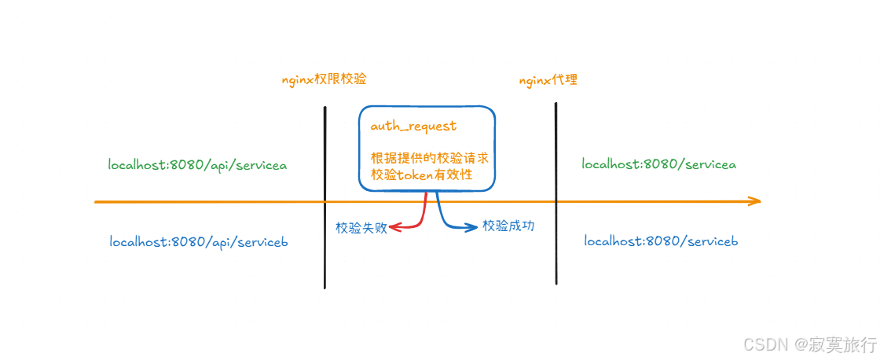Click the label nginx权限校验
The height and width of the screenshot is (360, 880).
(324, 80)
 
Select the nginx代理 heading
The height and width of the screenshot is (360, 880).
(548, 80)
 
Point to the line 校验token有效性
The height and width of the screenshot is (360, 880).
(422, 174)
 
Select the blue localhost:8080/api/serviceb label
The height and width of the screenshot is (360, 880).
(199, 242)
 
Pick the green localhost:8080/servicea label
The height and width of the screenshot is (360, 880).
(658, 164)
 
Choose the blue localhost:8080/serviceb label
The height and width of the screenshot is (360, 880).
(661, 241)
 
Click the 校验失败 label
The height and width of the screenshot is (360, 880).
(361, 228)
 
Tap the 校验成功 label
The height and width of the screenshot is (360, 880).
(508, 226)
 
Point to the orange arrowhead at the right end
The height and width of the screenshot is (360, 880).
(754, 201)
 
